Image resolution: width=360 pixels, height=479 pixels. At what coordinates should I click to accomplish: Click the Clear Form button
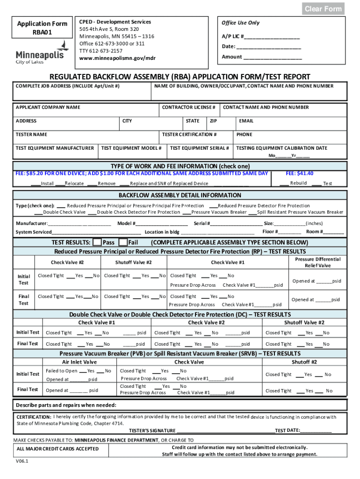(323, 9)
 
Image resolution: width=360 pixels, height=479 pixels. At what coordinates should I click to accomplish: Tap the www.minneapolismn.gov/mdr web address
(117, 58)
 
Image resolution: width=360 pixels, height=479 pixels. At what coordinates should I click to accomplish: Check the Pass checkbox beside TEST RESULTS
(97, 242)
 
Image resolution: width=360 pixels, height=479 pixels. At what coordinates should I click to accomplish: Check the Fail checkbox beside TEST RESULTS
(123, 242)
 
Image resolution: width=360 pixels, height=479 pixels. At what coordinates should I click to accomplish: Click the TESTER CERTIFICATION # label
(189, 135)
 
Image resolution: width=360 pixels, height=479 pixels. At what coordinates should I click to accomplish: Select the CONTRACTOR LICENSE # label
(188, 108)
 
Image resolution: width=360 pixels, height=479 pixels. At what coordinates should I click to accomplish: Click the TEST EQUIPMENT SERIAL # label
(200, 148)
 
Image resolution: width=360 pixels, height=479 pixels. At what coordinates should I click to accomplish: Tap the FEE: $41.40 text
(299, 174)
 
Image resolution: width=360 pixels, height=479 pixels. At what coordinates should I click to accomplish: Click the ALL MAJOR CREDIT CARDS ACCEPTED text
(58, 449)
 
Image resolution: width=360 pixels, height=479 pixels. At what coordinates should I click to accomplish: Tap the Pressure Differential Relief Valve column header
(318, 262)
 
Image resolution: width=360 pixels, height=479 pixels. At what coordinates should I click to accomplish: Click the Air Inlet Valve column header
(79, 362)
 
